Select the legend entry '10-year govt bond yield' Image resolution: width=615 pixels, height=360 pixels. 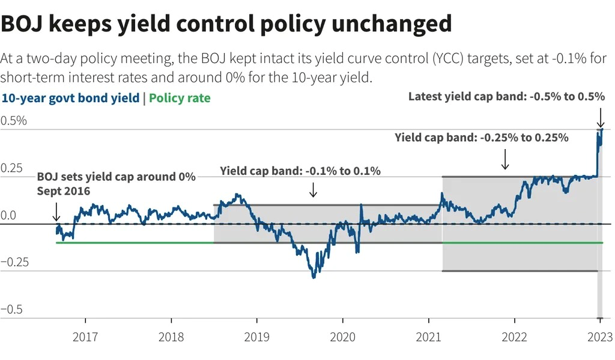tap(70, 98)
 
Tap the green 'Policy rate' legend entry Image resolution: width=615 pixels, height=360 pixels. tap(180, 98)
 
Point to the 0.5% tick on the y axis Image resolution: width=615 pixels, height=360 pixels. tap(14, 120)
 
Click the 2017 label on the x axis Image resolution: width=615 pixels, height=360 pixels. tap(86, 337)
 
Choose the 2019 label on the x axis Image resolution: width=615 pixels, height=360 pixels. tap(257, 337)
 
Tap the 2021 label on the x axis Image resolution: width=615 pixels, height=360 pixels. tap(429, 337)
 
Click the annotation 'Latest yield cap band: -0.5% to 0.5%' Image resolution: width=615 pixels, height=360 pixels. tap(506, 96)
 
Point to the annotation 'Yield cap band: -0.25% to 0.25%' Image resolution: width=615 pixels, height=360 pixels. tap(481, 137)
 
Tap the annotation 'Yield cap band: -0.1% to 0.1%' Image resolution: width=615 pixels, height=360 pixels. tap(300, 171)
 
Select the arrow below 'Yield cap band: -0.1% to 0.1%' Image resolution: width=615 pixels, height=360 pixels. tap(312, 190)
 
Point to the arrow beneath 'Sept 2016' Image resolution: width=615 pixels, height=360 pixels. tap(56, 212)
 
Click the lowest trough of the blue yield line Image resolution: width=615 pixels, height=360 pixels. tap(314, 277)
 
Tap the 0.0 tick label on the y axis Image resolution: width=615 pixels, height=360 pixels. tap(9, 215)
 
